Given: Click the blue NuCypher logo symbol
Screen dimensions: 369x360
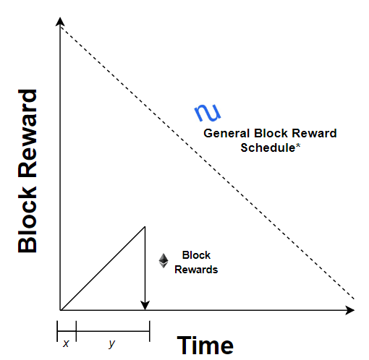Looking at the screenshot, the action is pos(208,113).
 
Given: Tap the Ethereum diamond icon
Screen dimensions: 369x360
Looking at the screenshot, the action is pos(164,260).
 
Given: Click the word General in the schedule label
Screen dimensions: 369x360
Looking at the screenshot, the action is pos(226,133).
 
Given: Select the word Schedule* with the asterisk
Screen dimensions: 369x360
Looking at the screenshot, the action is pos(271,147).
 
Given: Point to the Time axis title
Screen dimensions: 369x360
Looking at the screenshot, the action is pos(205,346).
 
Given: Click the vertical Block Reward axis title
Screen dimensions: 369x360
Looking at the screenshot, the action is pos(27,171).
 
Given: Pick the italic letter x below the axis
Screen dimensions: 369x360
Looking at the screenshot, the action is pos(66,343).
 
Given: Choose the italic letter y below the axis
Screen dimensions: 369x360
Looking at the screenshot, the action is pos(111,344).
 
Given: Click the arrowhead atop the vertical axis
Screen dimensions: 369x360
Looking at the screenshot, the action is pos(60,21).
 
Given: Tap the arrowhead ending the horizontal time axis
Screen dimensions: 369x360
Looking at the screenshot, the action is pos(350,310).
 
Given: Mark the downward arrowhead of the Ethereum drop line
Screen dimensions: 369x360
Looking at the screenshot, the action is pos(145,306).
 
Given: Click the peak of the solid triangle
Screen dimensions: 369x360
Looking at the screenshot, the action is pos(145,226).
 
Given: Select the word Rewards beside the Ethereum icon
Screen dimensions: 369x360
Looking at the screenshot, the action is pos(196,270).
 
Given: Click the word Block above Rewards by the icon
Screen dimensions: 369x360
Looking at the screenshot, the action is pos(196,255).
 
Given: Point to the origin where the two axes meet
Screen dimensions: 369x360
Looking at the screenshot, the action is pos(60,310).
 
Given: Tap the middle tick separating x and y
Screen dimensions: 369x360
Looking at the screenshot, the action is pos(76,331).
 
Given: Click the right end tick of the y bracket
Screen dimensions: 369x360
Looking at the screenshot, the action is pos(150,331).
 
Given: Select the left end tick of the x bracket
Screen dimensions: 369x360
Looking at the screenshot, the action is pos(57,331).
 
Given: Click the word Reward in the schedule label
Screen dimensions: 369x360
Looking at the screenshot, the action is pos(314,133).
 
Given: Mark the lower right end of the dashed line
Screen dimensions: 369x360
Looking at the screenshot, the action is pos(354,299).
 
